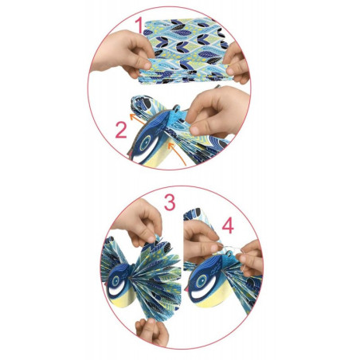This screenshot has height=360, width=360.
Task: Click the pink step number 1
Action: pyautogui.click(x=139, y=25)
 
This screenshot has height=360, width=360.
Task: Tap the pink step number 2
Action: pyautogui.click(x=121, y=130)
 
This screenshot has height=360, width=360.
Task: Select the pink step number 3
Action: pyautogui.click(x=170, y=202)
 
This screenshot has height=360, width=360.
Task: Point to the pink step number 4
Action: pyautogui.click(x=228, y=225)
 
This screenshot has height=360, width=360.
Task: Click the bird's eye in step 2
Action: pyautogui.click(x=146, y=143)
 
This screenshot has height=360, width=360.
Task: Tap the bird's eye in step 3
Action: pyautogui.click(x=115, y=280)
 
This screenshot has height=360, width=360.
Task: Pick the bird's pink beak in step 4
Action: pyautogui.click(x=187, y=288)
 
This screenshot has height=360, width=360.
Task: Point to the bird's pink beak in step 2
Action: pyautogui.click(x=130, y=153)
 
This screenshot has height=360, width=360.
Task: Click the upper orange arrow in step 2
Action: pyautogui.click(x=136, y=118)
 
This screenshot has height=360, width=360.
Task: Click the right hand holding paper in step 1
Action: pyautogui.click(x=237, y=63)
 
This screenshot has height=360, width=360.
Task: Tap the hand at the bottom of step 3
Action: pyautogui.click(x=152, y=332)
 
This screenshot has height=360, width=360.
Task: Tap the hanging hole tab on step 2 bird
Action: pyautogui.click(x=176, y=108)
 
